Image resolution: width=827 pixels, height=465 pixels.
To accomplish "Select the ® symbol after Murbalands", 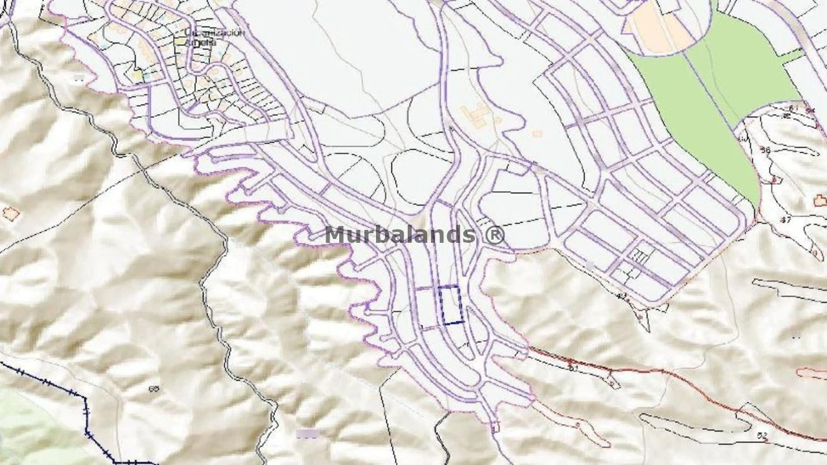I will (494, 235).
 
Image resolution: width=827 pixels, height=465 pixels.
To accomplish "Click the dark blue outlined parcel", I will (451, 304).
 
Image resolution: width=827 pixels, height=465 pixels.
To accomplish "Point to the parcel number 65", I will (154, 389).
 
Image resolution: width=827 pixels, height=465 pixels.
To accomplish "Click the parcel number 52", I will (762, 436).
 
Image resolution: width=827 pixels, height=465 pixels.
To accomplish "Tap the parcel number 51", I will (572, 367).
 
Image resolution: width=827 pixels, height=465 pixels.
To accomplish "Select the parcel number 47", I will (786, 220).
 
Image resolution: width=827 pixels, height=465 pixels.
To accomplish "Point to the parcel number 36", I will (766, 150).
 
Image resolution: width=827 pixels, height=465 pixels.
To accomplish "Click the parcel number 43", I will (622, 296).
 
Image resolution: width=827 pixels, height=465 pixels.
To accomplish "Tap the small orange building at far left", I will (10, 213).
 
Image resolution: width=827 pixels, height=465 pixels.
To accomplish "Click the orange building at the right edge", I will (820, 201).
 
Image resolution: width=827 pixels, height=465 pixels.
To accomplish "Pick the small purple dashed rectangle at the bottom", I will (308, 433).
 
